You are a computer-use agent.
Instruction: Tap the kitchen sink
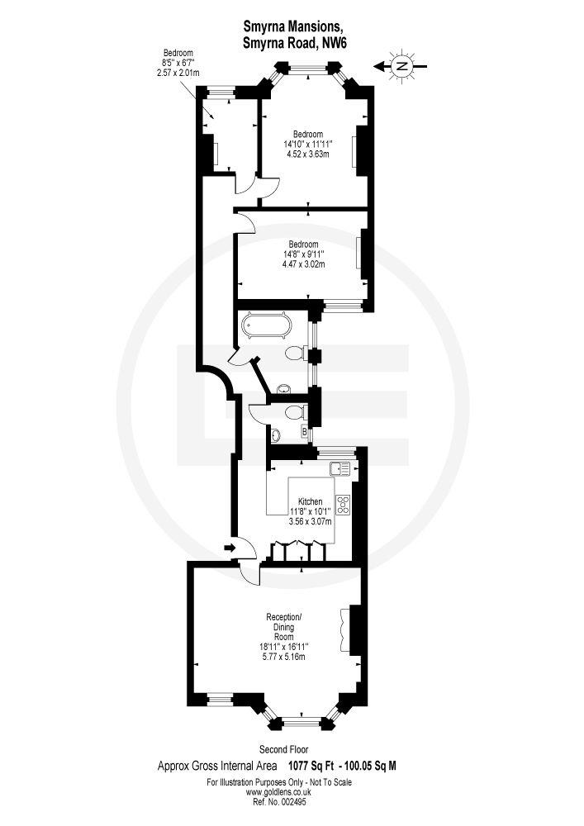click(339, 469)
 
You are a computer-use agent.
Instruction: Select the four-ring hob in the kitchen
click(344, 506)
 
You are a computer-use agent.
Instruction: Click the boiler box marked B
click(305, 431)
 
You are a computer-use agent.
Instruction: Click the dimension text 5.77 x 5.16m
click(284, 657)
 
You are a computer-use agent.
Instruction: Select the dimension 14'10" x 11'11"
click(308, 143)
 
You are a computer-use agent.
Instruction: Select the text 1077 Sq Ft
click(315, 766)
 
